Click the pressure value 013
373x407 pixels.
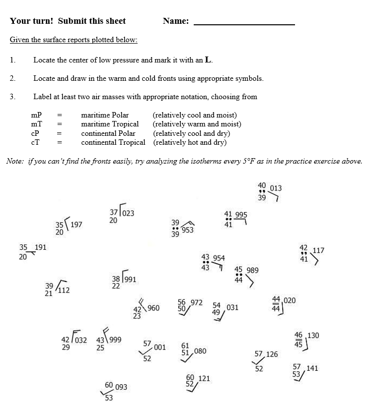(276, 188)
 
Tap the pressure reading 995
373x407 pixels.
(241, 215)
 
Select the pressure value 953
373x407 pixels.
(188, 230)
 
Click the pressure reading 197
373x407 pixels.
(76, 225)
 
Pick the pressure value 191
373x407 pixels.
(40, 247)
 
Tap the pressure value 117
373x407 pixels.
(318, 251)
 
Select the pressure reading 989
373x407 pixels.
(252, 270)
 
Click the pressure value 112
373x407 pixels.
(64, 291)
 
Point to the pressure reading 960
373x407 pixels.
(153, 308)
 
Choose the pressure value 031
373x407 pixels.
(232, 308)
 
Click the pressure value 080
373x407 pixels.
(200, 351)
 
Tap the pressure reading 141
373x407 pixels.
(312, 368)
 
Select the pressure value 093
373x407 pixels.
(121, 387)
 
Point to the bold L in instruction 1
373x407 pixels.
(208, 60)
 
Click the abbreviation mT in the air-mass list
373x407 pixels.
(36, 124)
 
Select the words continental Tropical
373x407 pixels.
(113, 143)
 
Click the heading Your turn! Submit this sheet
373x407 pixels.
(68, 21)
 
